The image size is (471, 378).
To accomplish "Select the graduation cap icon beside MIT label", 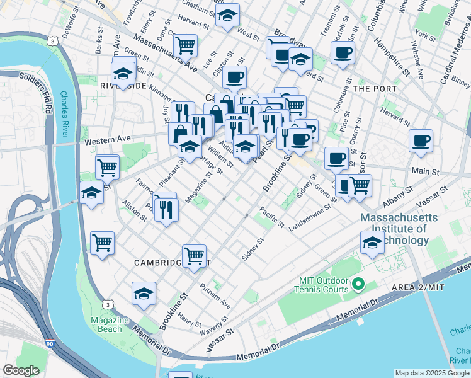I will (372, 242).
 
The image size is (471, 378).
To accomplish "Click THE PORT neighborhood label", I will (373, 89).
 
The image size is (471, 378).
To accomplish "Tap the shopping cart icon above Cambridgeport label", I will (194, 255).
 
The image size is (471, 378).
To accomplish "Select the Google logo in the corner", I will (21, 370).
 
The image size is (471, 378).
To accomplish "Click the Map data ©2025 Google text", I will (431, 373).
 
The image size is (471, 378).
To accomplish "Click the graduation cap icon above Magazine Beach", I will (144, 293).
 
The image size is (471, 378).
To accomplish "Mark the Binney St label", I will (460, 83).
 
